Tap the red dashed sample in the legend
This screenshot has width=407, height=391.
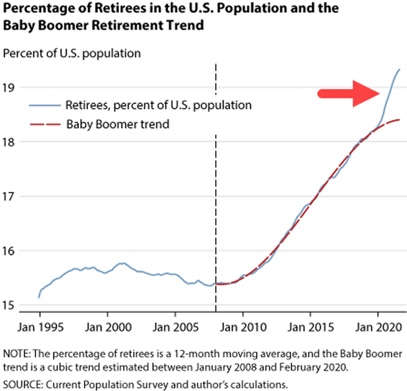(x=43, y=124)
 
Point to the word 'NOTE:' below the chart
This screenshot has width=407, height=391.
(x=16, y=354)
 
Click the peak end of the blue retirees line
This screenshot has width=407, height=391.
(x=399, y=69)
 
